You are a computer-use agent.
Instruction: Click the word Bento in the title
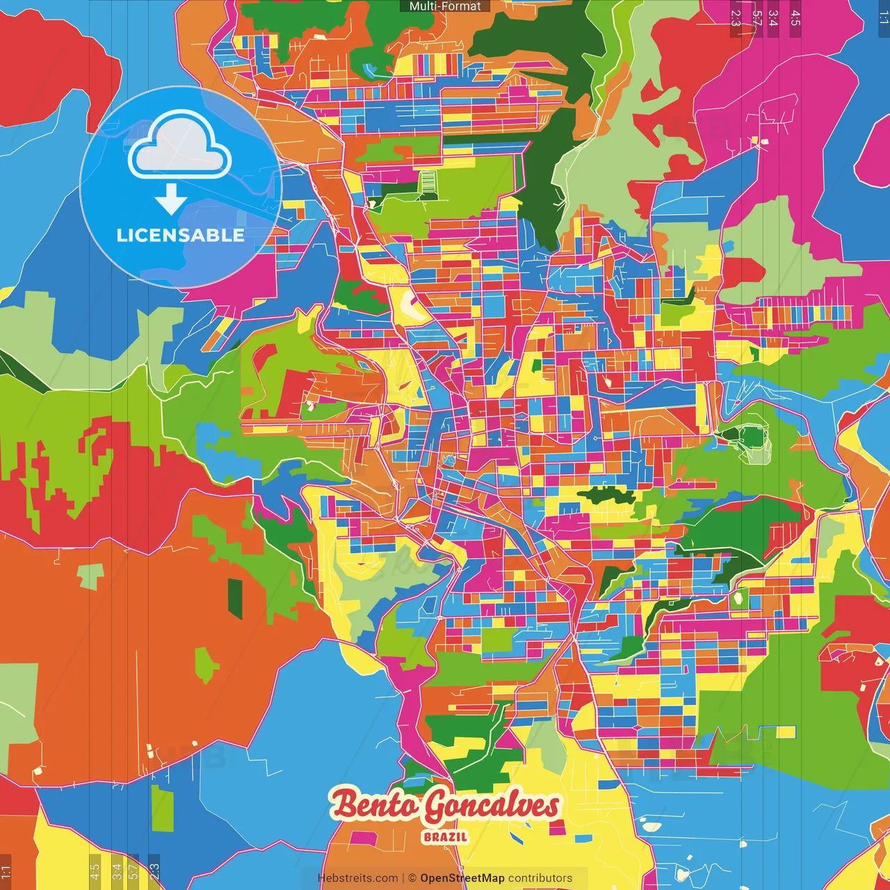(x=375, y=805)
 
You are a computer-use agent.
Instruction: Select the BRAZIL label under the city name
(x=445, y=837)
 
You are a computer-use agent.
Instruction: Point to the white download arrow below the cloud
(x=171, y=200)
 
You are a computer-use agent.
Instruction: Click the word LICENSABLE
(x=181, y=235)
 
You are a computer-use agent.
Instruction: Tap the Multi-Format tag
(x=445, y=6)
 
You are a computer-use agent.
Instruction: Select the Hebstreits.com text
(x=357, y=878)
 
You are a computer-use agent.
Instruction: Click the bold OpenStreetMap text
(x=462, y=878)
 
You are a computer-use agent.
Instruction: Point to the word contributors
(x=540, y=878)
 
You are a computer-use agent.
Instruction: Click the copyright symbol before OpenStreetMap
(x=412, y=878)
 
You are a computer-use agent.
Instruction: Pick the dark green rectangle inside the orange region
(x=236, y=599)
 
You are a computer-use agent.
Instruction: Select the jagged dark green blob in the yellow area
(x=606, y=496)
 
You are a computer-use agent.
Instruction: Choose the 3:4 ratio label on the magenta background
(x=773, y=18)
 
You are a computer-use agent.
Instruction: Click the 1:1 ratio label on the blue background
(x=883, y=18)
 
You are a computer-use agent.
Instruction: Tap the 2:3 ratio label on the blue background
(x=154, y=871)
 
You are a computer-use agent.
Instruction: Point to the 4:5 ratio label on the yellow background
(x=95, y=871)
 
